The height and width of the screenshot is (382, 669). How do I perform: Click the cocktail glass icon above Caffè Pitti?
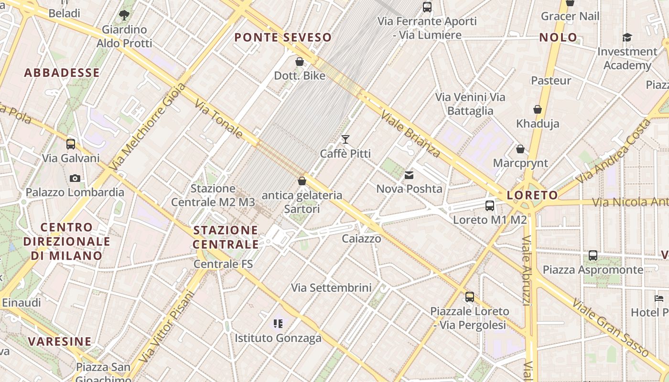tap(345, 139)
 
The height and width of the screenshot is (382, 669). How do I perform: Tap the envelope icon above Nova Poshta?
tap(409, 175)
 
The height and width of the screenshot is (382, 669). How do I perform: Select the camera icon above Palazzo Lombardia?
tap(75, 178)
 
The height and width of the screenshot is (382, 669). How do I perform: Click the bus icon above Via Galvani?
tap(71, 144)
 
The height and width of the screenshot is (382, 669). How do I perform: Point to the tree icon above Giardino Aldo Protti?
tap(124, 15)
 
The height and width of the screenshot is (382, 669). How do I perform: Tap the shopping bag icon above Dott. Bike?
tap(300, 62)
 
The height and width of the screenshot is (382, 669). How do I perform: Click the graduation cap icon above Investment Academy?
tap(627, 37)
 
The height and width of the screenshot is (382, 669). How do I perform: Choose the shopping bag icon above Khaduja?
tap(538, 110)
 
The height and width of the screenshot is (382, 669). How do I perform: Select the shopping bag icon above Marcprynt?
tap(520, 149)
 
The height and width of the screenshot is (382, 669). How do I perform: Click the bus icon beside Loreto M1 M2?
tap(490, 206)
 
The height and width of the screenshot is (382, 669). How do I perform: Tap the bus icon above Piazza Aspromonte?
tap(593, 255)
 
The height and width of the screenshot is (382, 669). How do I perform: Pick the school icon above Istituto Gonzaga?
tap(278, 324)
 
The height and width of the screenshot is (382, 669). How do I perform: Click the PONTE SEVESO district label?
tap(283, 37)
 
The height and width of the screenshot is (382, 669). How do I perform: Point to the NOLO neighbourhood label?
tap(558, 37)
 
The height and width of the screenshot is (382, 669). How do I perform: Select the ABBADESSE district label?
tap(62, 73)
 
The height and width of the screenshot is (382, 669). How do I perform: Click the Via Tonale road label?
tap(219, 118)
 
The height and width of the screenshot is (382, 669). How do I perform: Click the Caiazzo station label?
tap(362, 238)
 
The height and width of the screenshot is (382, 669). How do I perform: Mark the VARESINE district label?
tap(60, 341)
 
